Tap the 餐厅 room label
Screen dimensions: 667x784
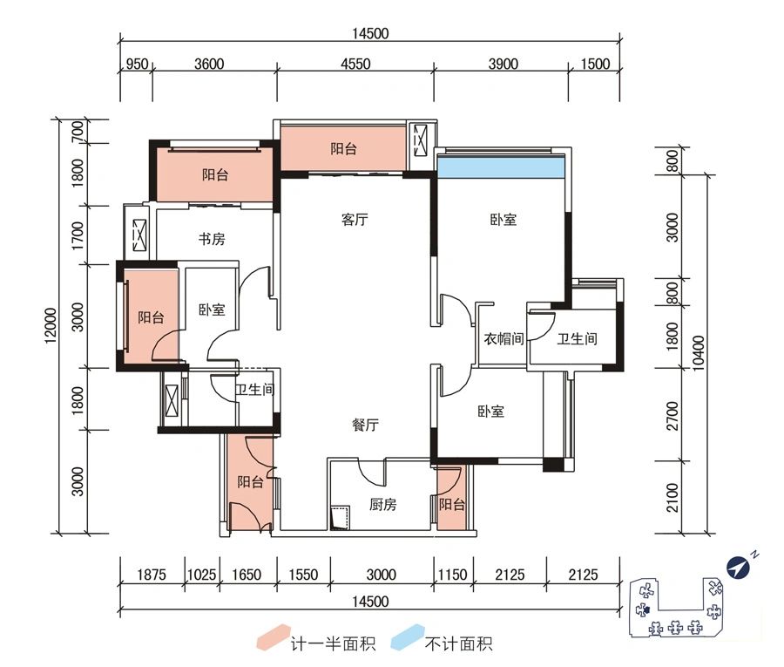tap(365, 425)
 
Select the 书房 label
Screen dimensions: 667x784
tap(212, 239)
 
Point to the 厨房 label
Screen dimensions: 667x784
tap(382, 504)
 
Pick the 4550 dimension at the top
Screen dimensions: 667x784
tap(355, 64)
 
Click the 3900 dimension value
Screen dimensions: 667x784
tap(503, 64)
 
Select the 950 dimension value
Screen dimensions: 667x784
tap(136, 64)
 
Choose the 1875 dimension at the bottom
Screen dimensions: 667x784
tap(152, 575)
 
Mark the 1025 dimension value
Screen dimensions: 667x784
tap(201, 575)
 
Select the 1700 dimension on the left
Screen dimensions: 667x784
tap(78, 235)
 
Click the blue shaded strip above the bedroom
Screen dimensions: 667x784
tap(502, 167)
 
